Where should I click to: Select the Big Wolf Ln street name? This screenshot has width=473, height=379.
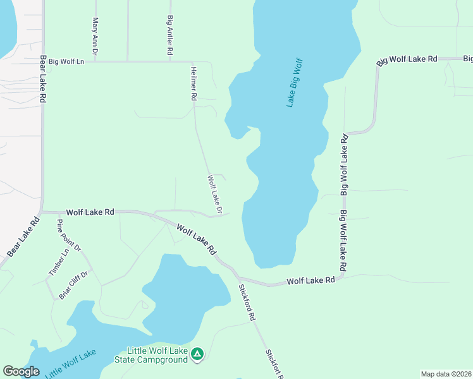click(71, 62)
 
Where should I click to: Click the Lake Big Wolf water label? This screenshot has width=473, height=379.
click(295, 82)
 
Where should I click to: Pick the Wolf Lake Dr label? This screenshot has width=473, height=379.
click(215, 194)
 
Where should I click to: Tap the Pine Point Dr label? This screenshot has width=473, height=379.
click(69, 236)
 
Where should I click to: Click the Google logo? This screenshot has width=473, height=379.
click(21, 371)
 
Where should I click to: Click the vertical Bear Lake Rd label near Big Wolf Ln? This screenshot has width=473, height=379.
click(44, 79)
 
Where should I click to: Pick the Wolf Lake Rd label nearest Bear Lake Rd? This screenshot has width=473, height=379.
click(90, 213)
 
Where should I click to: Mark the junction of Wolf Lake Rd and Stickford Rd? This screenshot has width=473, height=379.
click(238, 277)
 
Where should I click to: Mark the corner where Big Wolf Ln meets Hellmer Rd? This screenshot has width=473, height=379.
click(192, 62)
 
